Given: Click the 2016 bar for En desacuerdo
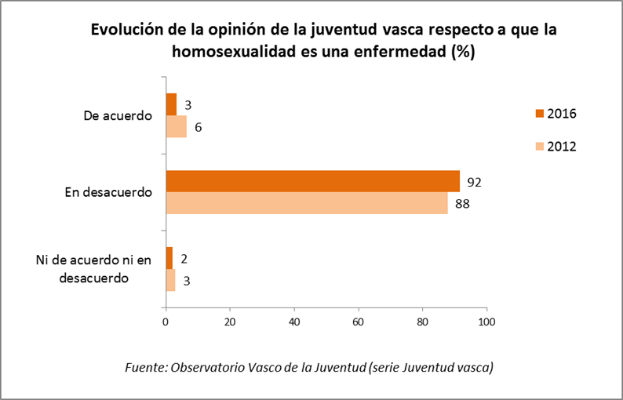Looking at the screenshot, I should point(312,181).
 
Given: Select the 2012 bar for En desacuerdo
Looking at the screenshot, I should point(306,203).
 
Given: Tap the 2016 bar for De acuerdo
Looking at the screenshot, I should point(171,104).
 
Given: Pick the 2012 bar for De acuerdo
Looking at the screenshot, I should point(176,126).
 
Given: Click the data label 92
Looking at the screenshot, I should point(473,182).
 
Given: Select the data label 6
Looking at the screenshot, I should point(199,127).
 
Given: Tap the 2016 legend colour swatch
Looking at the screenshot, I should point(537,114).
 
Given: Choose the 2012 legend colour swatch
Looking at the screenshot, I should point(537,146).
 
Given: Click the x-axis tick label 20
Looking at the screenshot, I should point(230,322).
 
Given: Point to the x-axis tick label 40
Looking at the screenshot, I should point(294,322).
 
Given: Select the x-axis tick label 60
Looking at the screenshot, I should point(359,322).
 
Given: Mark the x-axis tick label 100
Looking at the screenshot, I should point(487,322).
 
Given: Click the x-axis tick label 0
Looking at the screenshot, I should point(166,322).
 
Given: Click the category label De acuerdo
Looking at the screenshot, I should point(118,115).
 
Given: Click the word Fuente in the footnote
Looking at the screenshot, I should point(144,367).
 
